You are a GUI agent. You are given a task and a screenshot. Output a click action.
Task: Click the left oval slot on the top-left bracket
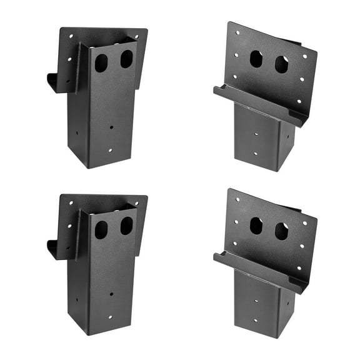coord(101,62)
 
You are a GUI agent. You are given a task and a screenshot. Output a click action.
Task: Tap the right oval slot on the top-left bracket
coord(126,59)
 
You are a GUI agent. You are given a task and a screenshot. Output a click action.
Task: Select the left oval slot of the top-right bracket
coord(256,59)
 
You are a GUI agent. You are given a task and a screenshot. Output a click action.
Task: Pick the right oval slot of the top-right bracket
coord(281,64)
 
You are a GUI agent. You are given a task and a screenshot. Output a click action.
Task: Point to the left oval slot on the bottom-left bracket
coord(101,229)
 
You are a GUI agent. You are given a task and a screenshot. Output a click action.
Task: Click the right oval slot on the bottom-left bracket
coord(126,226)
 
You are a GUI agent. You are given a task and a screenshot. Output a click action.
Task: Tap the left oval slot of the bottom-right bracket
coord(256,226)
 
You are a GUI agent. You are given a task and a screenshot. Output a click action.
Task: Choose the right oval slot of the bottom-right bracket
coord(281,231)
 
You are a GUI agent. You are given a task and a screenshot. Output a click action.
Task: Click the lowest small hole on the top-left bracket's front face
coord(109,150)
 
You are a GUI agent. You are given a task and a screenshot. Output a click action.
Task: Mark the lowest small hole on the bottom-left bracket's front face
coord(109,317)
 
